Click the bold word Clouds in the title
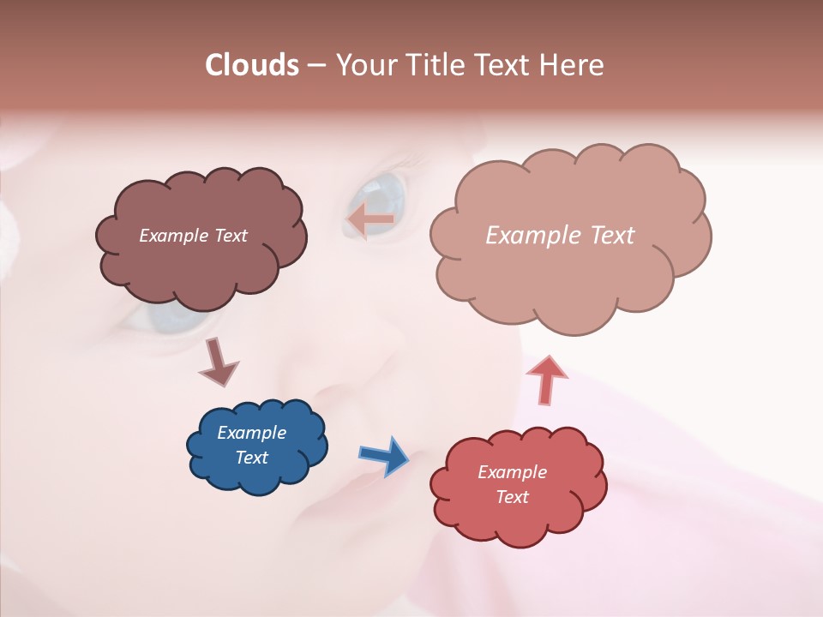252,65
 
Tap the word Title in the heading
435,65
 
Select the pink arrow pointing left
370,220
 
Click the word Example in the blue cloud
251,433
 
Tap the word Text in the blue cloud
251,458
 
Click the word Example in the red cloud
512,472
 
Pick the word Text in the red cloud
512,497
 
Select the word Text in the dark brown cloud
229,236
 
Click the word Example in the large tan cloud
532,236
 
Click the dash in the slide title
316,66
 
